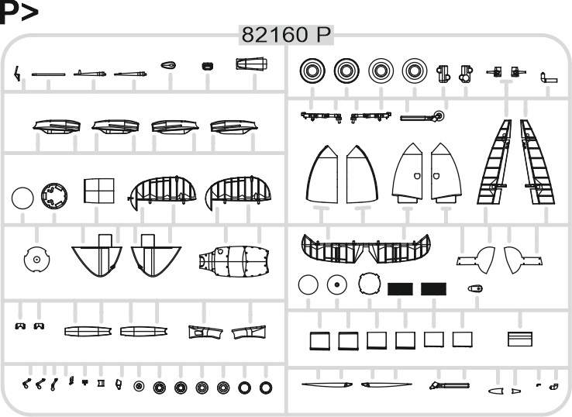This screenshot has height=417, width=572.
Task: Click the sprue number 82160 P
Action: coord(286,35)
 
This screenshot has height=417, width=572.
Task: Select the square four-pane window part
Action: coord(99,191)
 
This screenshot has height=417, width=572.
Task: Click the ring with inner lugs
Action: coord(54,196)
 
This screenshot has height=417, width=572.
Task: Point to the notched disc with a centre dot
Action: coord(36,260)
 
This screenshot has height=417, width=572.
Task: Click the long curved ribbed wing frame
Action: coord(366,248)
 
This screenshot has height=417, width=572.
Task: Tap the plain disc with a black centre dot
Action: coord(336,284)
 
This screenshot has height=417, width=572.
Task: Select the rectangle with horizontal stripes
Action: coord(520,339)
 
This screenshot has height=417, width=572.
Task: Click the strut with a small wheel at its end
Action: coord(422,117)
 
